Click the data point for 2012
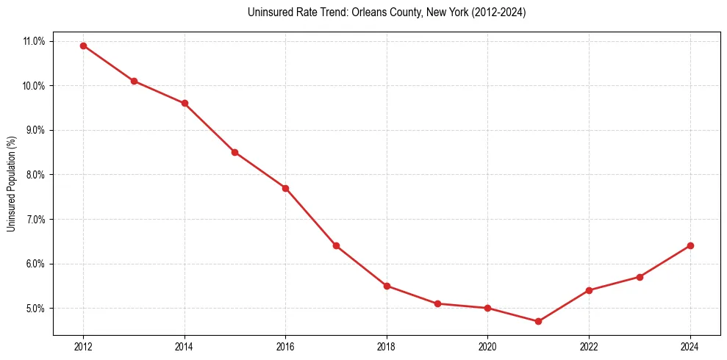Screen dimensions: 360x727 (83, 46)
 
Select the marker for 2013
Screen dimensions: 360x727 (134, 81)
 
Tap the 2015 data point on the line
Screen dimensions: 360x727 (234, 152)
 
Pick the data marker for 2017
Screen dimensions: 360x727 (336, 245)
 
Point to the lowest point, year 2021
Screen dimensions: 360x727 (538, 321)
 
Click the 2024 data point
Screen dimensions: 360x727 (690, 245)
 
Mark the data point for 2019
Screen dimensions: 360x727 (437, 303)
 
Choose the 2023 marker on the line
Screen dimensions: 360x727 (640, 277)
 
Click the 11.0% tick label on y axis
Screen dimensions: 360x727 (34, 41)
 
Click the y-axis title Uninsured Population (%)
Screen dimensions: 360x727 (11, 184)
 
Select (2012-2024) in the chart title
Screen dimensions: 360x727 (499, 12)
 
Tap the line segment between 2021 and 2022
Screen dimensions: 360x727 (564, 306)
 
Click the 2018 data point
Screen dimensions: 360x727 (387, 286)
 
